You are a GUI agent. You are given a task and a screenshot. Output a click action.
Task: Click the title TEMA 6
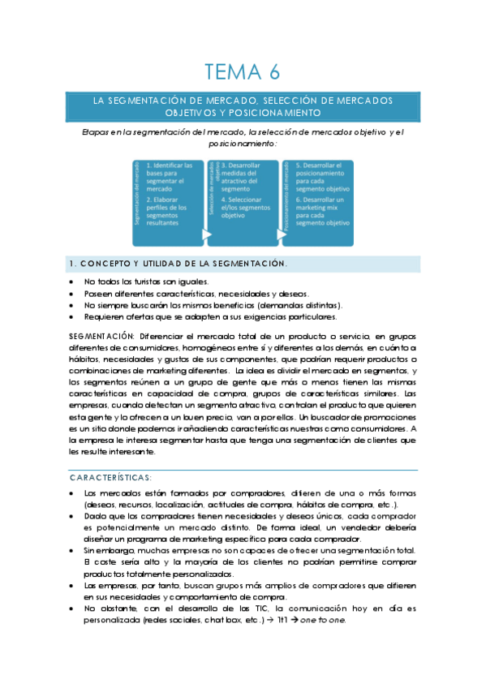[x=243, y=72]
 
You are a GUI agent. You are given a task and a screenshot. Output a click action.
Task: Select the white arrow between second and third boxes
[x=281, y=235]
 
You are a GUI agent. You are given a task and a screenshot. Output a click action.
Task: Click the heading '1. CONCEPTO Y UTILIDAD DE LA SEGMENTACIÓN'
[x=177, y=264]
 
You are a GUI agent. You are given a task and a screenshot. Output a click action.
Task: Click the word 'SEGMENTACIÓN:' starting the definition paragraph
[x=103, y=335]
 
